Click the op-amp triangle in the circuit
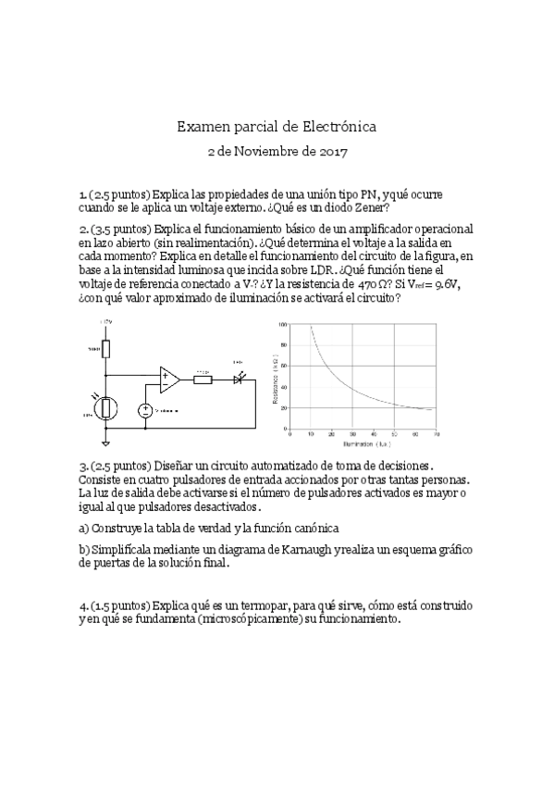[x=169, y=378]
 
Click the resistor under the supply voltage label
[x=107, y=349]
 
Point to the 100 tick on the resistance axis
[x=282, y=325]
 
